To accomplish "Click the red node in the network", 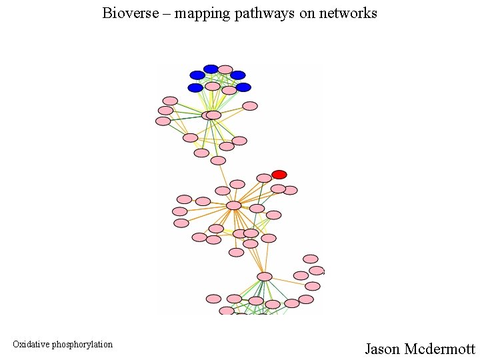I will tap(279, 175).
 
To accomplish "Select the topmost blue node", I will tap(211, 69).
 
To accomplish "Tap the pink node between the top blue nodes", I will tap(225, 69).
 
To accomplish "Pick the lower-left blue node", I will tap(195, 88).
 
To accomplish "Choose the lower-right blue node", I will tap(243, 87).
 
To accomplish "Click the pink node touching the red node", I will tap(265, 178).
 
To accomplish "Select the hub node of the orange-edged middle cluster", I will tap(233, 205).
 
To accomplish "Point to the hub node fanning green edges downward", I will tap(265, 277).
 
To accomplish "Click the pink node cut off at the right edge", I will tap(317, 271).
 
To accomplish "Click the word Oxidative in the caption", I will tap(31, 345).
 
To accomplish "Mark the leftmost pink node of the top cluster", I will tap(163, 121).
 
